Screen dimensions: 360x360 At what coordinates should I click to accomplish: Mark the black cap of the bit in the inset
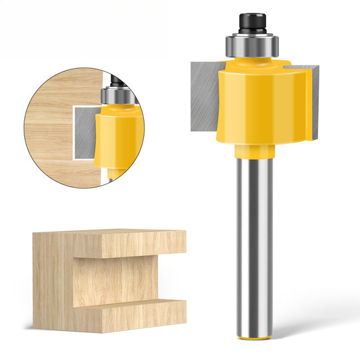[x=116, y=82]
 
